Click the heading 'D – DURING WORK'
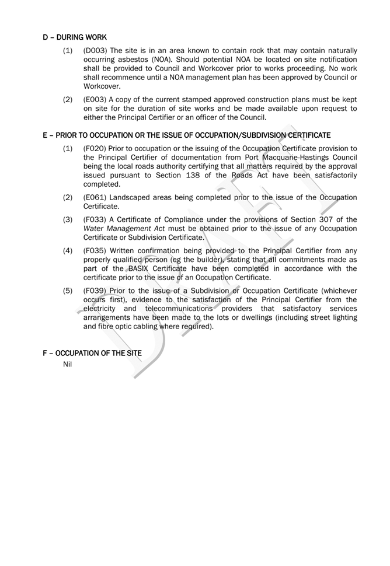coord(74,37)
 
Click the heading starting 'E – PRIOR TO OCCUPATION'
coord(187,135)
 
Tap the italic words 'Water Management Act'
coord(123,228)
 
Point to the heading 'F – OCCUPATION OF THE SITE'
coord(92,353)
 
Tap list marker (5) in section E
coord(68,291)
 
